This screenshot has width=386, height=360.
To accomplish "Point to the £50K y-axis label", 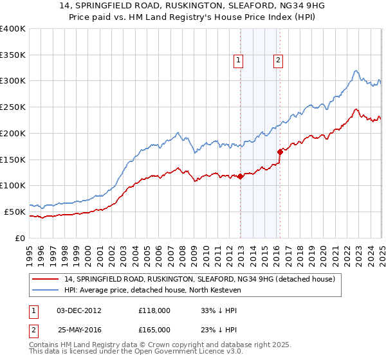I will (15, 212).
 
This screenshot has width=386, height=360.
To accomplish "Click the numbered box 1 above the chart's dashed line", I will (239, 61).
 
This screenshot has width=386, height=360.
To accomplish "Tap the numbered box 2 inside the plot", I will (279, 61).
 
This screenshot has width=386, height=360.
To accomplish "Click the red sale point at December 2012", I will (240, 176).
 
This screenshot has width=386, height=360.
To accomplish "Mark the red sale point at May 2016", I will (280, 152).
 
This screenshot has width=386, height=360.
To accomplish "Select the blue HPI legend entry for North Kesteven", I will (161, 291).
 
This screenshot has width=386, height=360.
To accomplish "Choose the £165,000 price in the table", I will (154, 329).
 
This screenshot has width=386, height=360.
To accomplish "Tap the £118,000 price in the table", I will (154, 310).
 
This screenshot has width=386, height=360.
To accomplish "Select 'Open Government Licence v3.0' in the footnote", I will (172, 352).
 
